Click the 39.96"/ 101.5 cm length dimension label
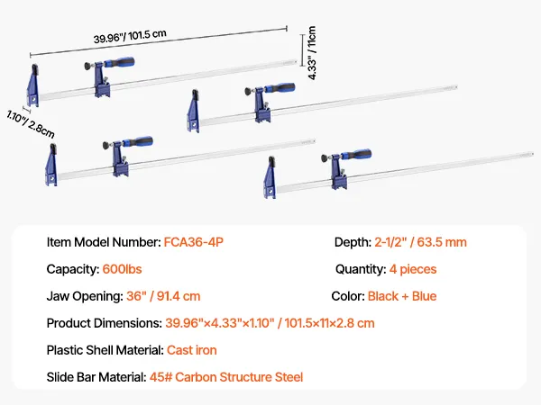coord(130,36)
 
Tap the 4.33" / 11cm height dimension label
coord(312,53)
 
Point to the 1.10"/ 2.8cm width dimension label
coord(31,124)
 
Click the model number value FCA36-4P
coord(194,242)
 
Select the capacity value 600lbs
coord(122,269)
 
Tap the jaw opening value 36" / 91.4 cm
coord(163,296)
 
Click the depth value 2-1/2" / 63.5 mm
coord(420,242)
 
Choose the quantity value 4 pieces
coord(413,269)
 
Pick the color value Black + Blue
coord(402,296)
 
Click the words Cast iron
coord(192,350)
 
